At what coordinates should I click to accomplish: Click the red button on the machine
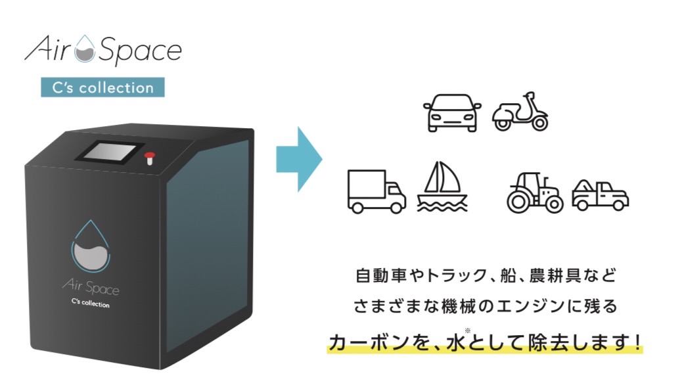tap(149, 156)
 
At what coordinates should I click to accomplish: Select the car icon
tap(452, 114)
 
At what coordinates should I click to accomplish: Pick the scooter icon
tap(520, 112)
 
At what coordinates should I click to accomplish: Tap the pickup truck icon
tap(600, 194)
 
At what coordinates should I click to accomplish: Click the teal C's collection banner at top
tap(102, 87)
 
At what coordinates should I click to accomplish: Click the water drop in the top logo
tap(84, 51)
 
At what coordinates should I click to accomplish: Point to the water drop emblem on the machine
tap(91, 246)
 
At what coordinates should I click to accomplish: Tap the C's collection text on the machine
tap(90, 304)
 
